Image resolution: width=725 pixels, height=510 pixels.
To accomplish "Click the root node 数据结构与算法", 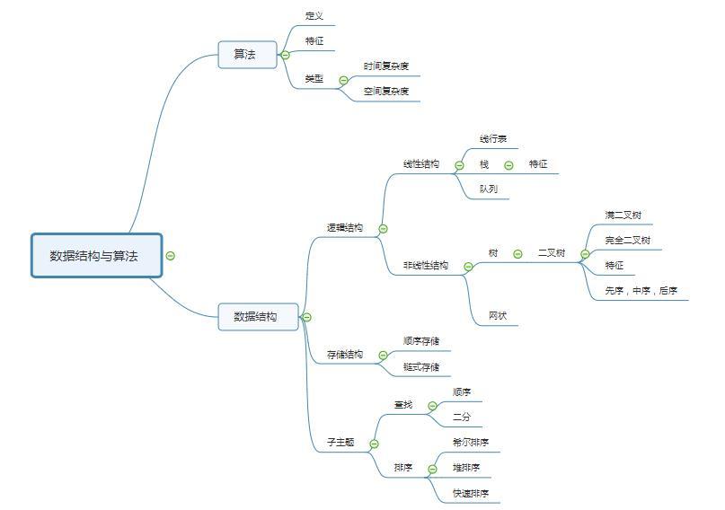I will click(97, 256).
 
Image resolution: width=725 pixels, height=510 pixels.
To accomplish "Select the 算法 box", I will click(246, 55).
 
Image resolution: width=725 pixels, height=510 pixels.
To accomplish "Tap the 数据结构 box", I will click(257, 317).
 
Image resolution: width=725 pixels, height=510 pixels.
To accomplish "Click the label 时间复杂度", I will click(386, 66).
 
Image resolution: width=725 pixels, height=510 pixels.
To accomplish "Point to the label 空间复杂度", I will click(386, 92).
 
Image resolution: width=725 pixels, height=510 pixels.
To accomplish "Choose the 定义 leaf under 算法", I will click(314, 16).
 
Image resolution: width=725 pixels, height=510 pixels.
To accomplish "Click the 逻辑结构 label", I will click(345, 228).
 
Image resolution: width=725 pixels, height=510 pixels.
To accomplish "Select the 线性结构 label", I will click(421, 164).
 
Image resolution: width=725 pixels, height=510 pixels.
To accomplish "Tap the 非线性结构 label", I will click(426, 266).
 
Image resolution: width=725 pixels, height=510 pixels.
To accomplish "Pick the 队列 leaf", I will click(489, 189).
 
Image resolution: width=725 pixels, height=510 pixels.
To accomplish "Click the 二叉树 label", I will click(552, 253).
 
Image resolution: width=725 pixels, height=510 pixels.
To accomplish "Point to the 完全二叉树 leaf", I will click(628, 241).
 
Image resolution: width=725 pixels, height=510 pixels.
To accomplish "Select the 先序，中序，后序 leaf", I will click(641, 291).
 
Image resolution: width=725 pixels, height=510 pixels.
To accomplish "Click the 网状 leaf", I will click(498, 316).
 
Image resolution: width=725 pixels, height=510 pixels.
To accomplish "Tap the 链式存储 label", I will click(421, 366).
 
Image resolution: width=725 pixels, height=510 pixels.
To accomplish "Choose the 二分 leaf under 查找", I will click(462, 417).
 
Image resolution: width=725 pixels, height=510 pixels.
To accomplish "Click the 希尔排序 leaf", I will click(471, 443).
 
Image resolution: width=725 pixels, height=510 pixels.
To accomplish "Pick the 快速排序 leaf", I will click(471, 493).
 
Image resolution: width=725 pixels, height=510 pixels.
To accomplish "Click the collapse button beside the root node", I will click(171, 256).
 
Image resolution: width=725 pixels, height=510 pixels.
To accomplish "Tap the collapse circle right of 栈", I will click(508, 165).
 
